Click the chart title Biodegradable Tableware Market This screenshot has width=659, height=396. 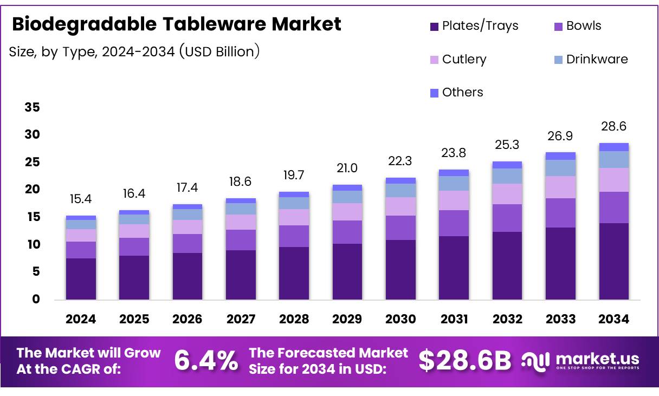click(176, 24)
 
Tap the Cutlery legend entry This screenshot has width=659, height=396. click(457, 59)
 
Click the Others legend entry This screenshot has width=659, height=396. click(456, 92)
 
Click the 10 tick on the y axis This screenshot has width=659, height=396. click(33, 244)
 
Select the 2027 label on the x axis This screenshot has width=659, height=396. click(241, 319)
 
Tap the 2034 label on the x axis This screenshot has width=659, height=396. click(613, 319)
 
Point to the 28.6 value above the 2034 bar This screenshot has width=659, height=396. click(613, 126)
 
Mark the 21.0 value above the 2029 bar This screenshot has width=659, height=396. click(347, 168)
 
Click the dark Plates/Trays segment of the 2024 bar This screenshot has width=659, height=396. click(81, 279)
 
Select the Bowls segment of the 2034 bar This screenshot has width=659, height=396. click(613, 207)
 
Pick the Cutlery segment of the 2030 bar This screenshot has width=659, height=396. click(400, 206)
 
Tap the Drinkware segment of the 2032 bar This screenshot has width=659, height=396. click(507, 176)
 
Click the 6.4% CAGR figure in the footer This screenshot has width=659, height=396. click(206, 361)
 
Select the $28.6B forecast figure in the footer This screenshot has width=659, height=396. click(465, 361)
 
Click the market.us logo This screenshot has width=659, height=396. click(580, 360)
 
